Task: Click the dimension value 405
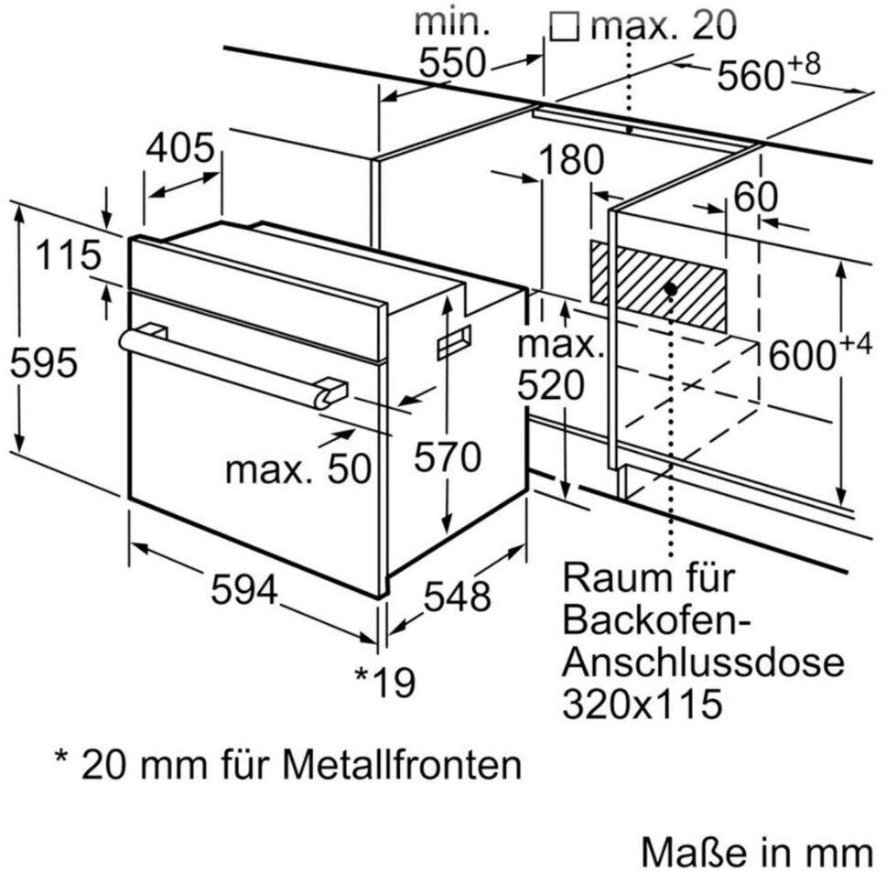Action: click(180, 148)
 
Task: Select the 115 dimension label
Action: click(69, 256)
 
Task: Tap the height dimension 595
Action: click(43, 365)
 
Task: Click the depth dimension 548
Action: click(458, 597)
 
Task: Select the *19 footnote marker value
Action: click(385, 681)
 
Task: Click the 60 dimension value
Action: click(755, 197)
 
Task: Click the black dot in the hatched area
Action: click(671, 288)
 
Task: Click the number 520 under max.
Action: click(549, 388)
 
